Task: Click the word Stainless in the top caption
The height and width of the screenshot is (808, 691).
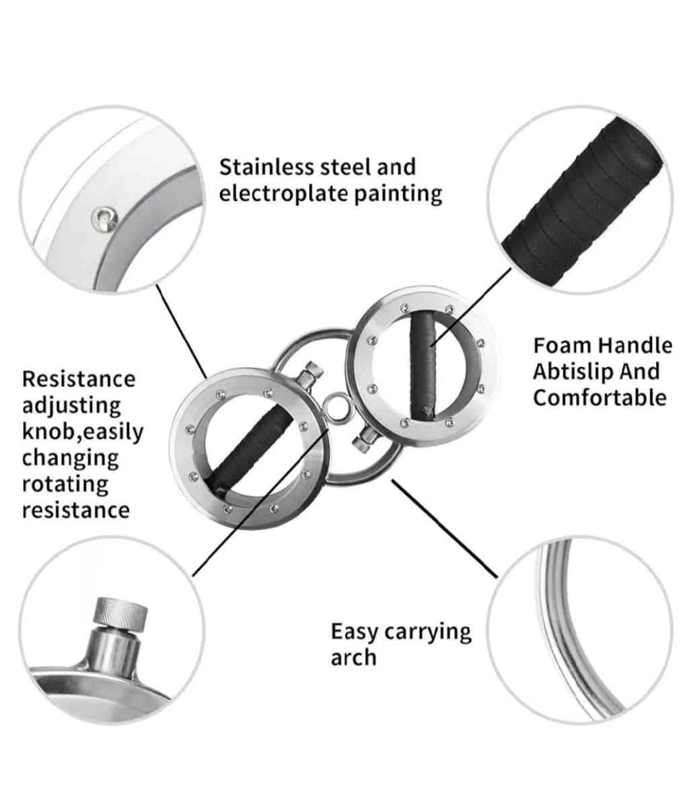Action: [266, 167]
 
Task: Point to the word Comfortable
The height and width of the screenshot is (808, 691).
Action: [599, 397]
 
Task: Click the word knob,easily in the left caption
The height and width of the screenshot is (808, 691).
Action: [83, 432]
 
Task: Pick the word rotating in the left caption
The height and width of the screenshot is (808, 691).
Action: [65, 484]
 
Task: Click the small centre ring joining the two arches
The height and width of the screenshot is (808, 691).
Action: [336, 408]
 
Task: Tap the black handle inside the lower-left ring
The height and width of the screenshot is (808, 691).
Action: [250, 448]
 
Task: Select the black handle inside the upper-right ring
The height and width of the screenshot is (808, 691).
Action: [424, 366]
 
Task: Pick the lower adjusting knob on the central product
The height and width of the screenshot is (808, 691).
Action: [365, 440]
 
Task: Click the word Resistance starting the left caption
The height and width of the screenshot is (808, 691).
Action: [79, 379]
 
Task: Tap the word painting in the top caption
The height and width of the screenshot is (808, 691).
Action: [398, 193]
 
